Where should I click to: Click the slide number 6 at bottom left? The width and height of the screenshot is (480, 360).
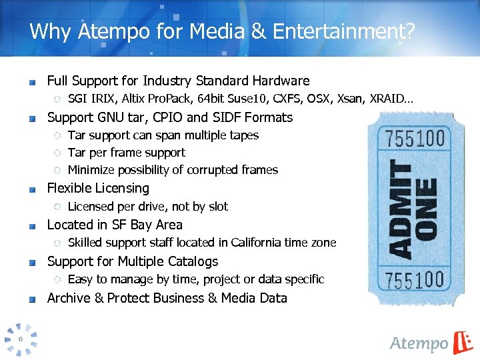(21, 339)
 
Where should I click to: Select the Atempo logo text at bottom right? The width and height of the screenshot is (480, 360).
(419, 343)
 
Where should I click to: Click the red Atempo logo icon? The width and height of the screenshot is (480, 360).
(462, 342)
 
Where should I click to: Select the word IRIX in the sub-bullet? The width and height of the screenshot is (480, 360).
(102, 99)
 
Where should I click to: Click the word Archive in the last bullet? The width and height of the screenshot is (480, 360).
(69, 298)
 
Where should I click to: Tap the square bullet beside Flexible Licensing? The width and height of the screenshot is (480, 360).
(32, 189)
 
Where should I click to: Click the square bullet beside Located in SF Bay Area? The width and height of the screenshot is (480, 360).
(32, 226)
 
